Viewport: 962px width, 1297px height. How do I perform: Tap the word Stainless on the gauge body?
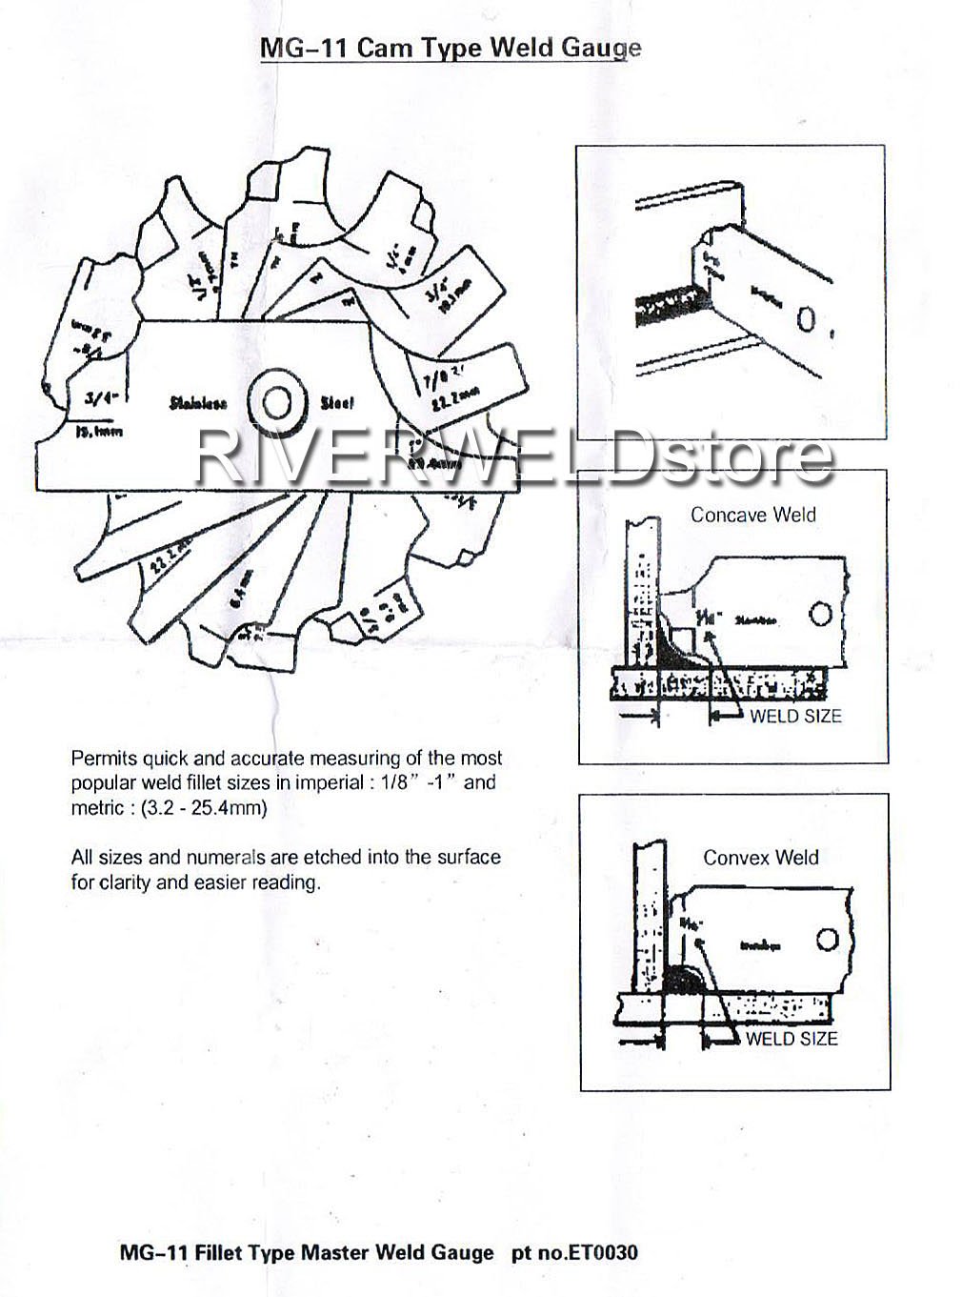click(x=198, y=403)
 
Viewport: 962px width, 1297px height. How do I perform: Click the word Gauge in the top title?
click(x=598, y=49)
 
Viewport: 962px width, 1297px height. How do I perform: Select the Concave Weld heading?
click(x=752, y=515)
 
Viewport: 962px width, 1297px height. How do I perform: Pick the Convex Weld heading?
click(x=760, y=857)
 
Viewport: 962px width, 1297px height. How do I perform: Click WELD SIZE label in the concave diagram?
click(x=795, y=716)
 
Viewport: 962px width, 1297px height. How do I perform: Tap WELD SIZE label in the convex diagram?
click(x=792, y=1038)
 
